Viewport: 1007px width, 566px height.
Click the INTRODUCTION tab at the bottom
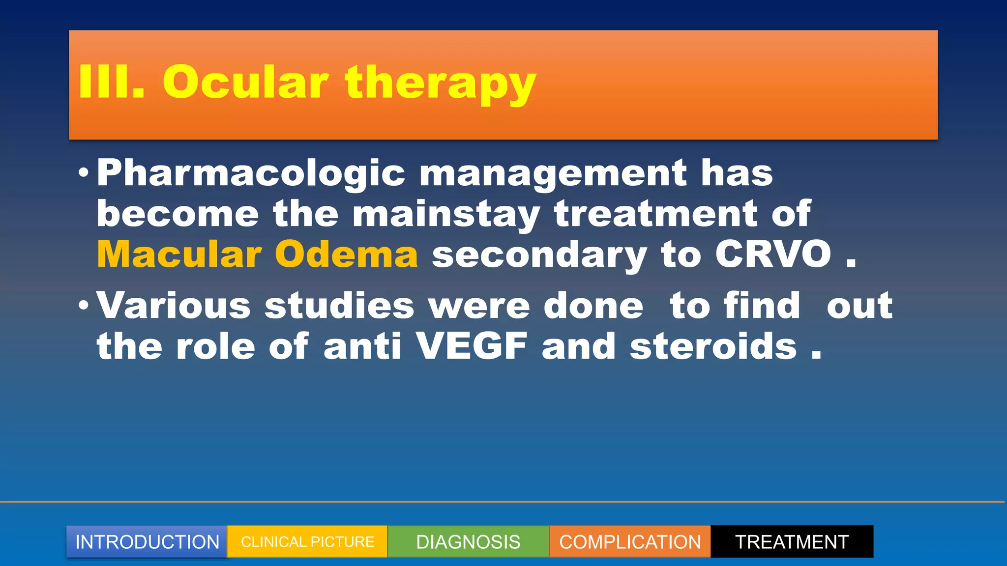pos(147,541)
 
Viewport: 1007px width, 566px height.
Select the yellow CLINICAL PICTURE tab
pos(307,541)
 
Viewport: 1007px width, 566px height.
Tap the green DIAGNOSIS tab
pos(468,541)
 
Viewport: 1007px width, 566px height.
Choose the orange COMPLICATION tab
pos(630,541)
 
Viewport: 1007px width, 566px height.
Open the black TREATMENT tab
pos(792,541)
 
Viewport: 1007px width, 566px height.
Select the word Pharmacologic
pos(251,174)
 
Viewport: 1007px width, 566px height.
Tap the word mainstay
pos(445,215)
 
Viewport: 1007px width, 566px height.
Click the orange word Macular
pos(179,255)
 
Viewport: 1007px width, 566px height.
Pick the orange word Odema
pos(346,255)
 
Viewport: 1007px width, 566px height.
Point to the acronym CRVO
pos(773,255)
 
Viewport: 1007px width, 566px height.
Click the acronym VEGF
pos(472,346)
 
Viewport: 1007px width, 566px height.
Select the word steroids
pos(713,346)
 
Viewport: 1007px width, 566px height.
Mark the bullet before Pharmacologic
pos(84,173)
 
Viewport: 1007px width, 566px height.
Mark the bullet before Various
pos(84,305)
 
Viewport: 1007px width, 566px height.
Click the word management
pos(553,174)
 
